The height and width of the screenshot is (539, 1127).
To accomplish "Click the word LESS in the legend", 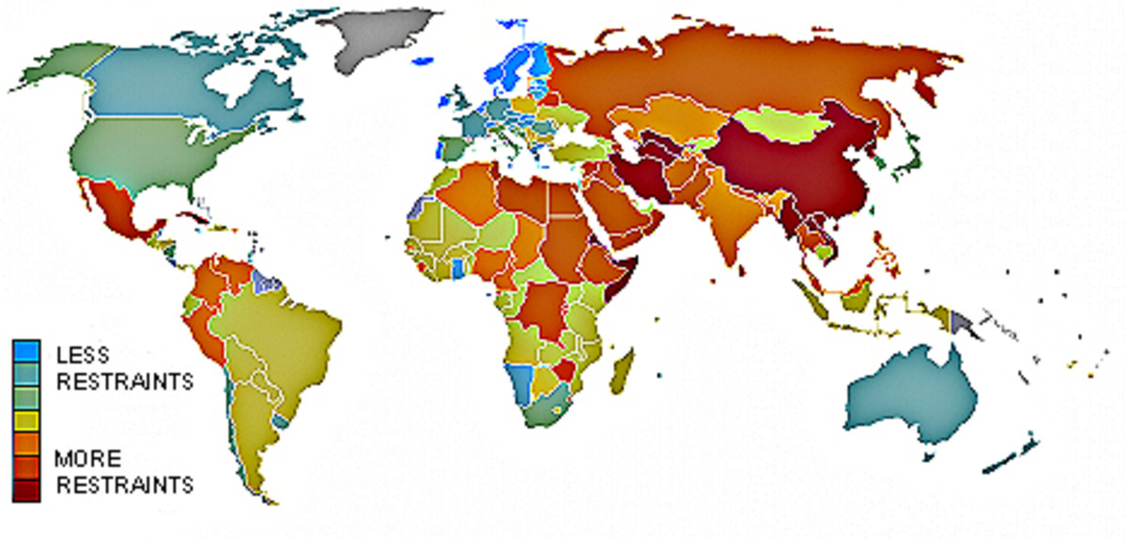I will click(84, 355).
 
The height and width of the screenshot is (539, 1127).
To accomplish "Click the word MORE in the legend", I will click(87, 459).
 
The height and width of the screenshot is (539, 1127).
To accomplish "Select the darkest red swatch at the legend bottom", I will click(25, 489).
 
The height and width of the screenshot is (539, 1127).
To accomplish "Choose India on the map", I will click(723, 216).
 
